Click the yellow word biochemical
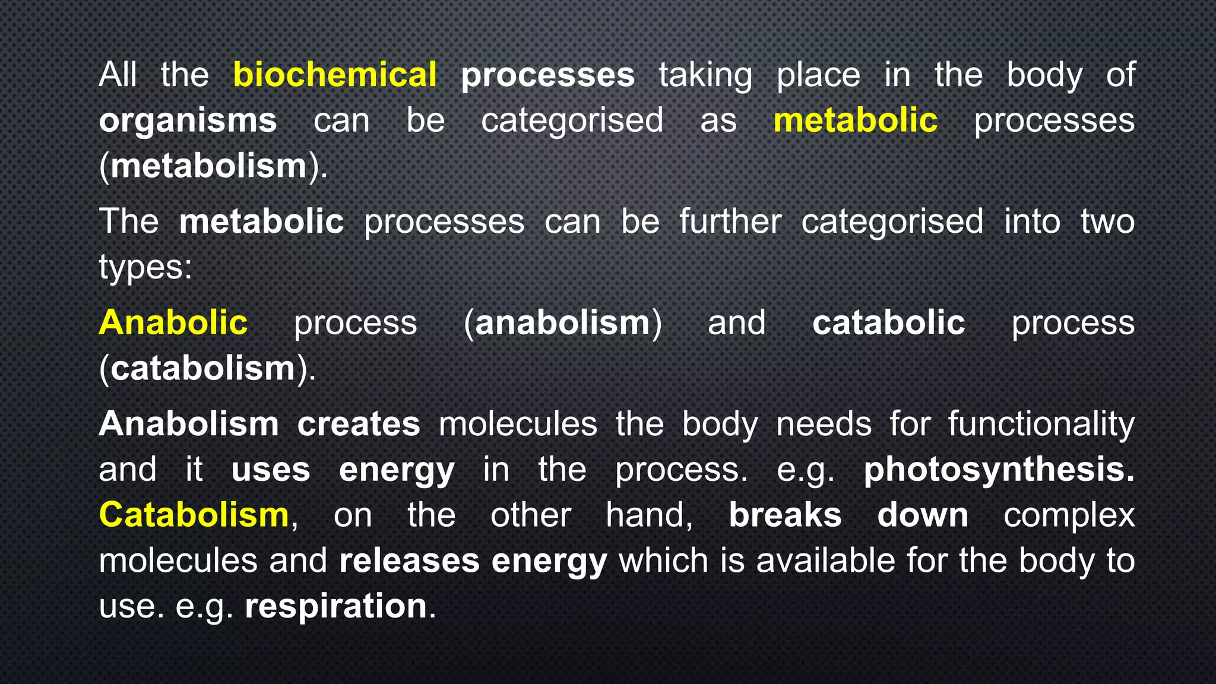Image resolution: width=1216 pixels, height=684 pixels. [335, 75]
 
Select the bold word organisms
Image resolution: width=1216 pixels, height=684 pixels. [188, 121]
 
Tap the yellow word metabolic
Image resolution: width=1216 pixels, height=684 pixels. [855, 121]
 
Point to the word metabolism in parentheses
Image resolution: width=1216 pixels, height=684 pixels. [208, 166]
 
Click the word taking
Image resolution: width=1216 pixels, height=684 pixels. [705, 76]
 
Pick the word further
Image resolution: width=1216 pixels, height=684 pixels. [730, 221]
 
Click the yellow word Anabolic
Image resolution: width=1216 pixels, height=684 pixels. [173, 323]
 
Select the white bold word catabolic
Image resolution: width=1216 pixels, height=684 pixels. [888, 323]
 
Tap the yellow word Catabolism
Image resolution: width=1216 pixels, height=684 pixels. [194, 515]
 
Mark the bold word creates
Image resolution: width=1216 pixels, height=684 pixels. [359, 424]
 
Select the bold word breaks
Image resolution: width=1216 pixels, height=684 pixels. [785, 515]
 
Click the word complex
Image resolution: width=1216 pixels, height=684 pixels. [1069, 515]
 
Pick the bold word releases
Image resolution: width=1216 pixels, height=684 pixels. [409, 560]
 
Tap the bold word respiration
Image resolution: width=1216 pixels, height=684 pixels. [336, 606]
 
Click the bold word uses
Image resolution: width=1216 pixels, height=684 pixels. [271, 470]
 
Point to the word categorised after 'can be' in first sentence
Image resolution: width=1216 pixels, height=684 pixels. [572, 121]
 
